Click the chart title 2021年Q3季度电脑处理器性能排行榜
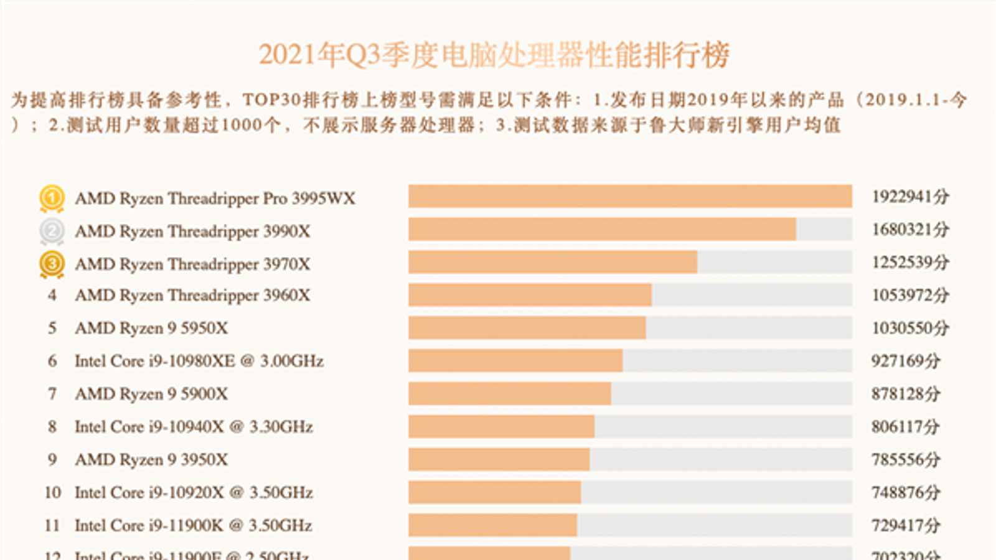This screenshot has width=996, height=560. [494, 55]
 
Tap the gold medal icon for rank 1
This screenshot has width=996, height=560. [52, 198]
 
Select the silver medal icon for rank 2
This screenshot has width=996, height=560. [52, 231]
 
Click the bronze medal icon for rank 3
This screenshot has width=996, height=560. [52, 264]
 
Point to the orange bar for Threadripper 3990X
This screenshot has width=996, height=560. [602, 229]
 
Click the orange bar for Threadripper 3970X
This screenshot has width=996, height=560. [553, 262]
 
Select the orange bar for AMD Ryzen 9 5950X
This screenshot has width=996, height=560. [527, 328]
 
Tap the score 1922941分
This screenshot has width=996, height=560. [910, 197]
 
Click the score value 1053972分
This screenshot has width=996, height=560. [910, 295]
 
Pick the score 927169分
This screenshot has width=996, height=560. [906, 361]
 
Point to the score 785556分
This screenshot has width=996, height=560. [906, 459]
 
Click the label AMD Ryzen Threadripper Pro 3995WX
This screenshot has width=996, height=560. [215, 198]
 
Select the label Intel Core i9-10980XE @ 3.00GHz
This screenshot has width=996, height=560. [199, 361]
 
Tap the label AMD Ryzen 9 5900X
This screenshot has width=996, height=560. [151, 394]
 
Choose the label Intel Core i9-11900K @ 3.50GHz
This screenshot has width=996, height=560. [193, 526]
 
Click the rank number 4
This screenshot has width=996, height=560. [52, 295]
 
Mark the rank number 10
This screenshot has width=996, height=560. [52, 493]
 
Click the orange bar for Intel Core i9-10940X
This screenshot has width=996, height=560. [501, 427]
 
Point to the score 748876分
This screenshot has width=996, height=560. [906, 492]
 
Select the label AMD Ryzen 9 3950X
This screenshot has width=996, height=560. [151, 460]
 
